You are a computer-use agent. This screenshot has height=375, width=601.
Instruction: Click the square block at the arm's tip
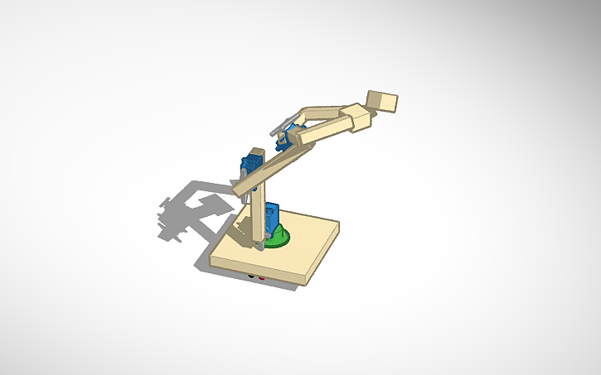383,101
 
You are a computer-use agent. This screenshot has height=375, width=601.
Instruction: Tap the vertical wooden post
258,215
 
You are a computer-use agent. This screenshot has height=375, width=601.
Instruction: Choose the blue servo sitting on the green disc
274,219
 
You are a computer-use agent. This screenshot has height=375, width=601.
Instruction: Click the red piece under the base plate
263,279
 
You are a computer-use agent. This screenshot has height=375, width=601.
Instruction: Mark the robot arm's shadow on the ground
187,211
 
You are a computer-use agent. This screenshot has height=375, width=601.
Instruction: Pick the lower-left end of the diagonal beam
240,191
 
